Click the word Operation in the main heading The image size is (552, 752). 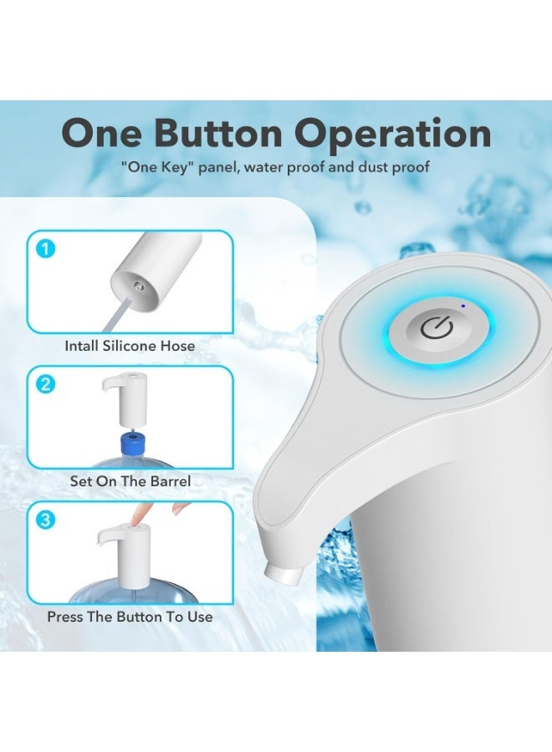[x=393, y=135]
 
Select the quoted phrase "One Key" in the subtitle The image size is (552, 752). [x=154, y=167]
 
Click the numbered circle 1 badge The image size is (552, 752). [x=46, y=249]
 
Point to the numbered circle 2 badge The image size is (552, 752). [x=46, y=384]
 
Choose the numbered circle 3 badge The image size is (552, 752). [x=46, y=520]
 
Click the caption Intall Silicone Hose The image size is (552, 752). [x=130, y=346]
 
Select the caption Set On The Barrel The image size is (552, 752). [x=130, y=481]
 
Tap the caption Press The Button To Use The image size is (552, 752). [x=130, y=617]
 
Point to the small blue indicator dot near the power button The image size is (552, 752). [x=463, y=306]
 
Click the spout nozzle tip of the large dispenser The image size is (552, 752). [x=282, y=574]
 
